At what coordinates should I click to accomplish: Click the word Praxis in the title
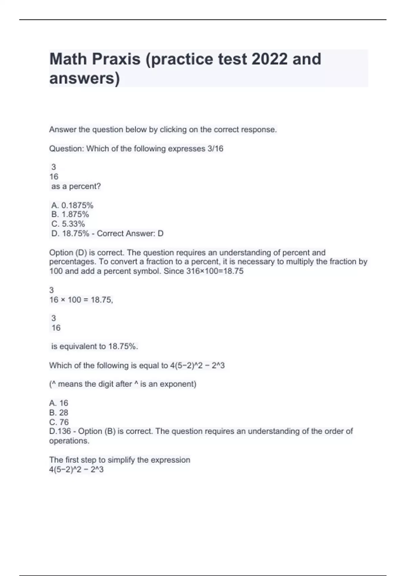coord(116,59)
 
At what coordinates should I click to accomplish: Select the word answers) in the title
coord(85,78)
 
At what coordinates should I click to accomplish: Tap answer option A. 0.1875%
coord(72,205)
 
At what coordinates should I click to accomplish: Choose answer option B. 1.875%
coord(70,214)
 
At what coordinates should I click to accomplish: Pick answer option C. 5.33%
coord(68,224)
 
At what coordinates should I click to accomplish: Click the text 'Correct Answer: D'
coord(130,233)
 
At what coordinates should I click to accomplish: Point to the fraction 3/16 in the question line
coord(215,149)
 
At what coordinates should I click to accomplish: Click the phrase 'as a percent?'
coord(76,186)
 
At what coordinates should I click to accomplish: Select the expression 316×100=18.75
coord(215,271)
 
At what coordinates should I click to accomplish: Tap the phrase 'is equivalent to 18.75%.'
coord(94,346)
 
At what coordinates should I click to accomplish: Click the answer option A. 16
coord(59,403)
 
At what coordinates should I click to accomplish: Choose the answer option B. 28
coord(59,412)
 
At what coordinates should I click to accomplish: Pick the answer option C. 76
coord(59,422)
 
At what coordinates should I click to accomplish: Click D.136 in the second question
coord(60,431)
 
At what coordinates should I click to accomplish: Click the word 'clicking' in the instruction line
coord(173,130)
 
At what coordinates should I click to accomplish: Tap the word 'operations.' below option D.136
coord(69,441)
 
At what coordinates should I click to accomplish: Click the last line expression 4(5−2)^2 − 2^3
coord(76,470)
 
